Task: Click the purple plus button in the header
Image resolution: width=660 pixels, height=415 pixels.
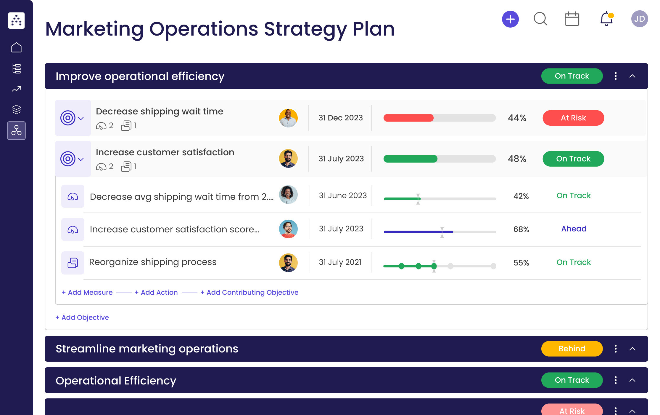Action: pyautogui.click(x=510, y=19)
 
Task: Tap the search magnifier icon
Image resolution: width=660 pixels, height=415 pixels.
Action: pyautogui.click(x=540, y=19)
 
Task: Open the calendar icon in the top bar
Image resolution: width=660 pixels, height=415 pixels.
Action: pyautogui.click(x=572, y=19)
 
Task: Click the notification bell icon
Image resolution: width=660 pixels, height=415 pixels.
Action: pyautogui.click(x=606, y=19)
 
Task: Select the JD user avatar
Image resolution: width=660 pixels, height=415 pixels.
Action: pyautogui.click(x=639, y=19)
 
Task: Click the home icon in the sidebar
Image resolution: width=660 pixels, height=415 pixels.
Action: pyautogui.click(x=16, y=47)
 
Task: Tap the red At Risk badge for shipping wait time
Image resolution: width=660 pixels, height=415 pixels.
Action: pyautogui.click(x=573, y=118)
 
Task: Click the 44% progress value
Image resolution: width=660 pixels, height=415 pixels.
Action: pyautogui.click(x=517, y=118)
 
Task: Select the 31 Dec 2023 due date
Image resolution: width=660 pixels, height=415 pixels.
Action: pyautogui.click(x=340, y=118)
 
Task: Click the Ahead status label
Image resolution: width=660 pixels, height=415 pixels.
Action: pyautogui.click(x=574, y=229)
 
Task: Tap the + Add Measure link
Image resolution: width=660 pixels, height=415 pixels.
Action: pyautogui.click(x=87, y=292)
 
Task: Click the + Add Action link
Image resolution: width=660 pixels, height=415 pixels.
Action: pyautogui.click(x=156, y=292)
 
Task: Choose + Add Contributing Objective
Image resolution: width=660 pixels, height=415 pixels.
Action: pyautogui.click(x=249, y=292)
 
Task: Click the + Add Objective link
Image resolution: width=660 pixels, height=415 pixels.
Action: pyautogui.click(x=82, y=317)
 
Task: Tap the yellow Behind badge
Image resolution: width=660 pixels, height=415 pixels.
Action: pyautogui.click(x=572, y=349)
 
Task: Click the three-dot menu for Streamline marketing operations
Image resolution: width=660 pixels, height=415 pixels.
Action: pyautogui.click(x=616, y=349)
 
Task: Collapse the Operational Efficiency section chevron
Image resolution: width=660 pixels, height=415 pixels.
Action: pyautogui.click(x=632, y=380)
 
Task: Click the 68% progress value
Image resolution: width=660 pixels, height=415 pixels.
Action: pyautogui.click(x=521, y=229)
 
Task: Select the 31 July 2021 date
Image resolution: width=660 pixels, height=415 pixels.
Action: pyautogui.click(x=340, y=262)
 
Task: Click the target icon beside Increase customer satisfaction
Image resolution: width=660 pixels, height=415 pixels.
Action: pyautogui.click(x=68, y=159)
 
